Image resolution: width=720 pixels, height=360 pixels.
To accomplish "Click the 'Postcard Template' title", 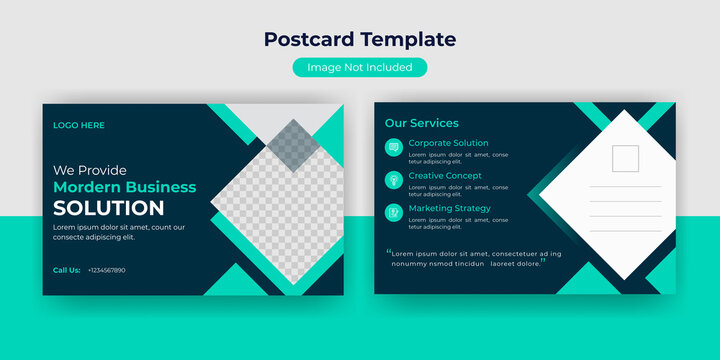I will (360, 40).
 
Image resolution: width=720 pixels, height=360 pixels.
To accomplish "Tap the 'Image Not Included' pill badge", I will (360, 67).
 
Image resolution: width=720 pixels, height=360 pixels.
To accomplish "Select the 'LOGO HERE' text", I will (79, 125).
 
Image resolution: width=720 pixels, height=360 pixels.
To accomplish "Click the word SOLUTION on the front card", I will (109, 208).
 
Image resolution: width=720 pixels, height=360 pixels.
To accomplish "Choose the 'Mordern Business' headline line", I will (125, 187).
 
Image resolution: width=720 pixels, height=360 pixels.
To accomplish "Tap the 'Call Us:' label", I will (67, 270).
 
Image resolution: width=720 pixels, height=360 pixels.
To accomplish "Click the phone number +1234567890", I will (107, 270).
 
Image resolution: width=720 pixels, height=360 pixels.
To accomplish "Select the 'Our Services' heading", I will (422, 123).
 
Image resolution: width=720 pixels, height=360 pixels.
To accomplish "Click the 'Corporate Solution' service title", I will (449, 143).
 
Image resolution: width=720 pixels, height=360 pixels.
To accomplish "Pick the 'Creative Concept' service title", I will (445, 176).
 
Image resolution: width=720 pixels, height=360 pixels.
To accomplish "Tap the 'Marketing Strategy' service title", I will (450, 208).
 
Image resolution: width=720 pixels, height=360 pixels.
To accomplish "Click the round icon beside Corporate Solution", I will (394, 148).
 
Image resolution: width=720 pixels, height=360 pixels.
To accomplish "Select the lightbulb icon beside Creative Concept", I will (394, 180).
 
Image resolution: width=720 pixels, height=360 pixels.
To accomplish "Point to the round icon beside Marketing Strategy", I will (394, 212).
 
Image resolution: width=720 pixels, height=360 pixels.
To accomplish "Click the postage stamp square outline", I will (625, 158).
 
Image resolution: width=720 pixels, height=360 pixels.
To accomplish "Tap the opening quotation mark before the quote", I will (388, 253).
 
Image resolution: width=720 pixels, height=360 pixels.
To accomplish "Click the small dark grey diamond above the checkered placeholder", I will (292, 144).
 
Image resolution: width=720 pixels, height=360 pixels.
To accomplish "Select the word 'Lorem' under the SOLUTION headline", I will (64, 227).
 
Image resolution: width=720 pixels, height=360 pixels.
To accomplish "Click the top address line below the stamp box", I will (625, 187).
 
